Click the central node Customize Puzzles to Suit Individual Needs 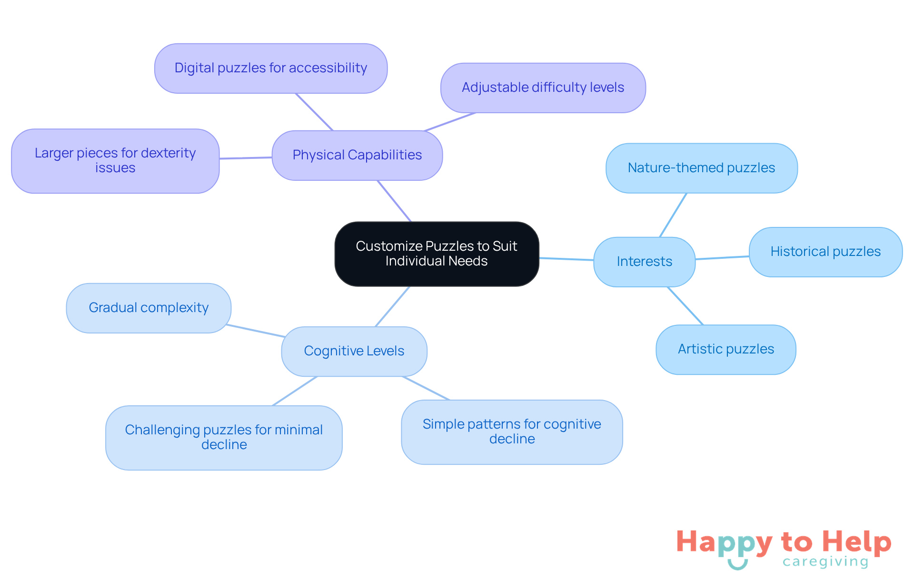437,254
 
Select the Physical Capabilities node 357,155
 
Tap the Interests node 644,262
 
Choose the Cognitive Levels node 354,351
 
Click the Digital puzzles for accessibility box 270,68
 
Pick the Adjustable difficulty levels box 543,88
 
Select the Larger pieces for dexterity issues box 115,161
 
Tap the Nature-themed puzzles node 701,168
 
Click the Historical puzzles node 825,252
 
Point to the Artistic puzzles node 725,349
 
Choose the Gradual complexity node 149,308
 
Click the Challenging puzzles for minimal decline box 224,437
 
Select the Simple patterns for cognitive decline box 512,431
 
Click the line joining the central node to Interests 566,259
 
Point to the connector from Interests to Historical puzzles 722,258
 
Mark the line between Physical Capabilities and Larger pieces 246,158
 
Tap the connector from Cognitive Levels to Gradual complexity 256,331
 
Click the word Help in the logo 856,542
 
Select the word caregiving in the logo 825,562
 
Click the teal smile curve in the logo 737,565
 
